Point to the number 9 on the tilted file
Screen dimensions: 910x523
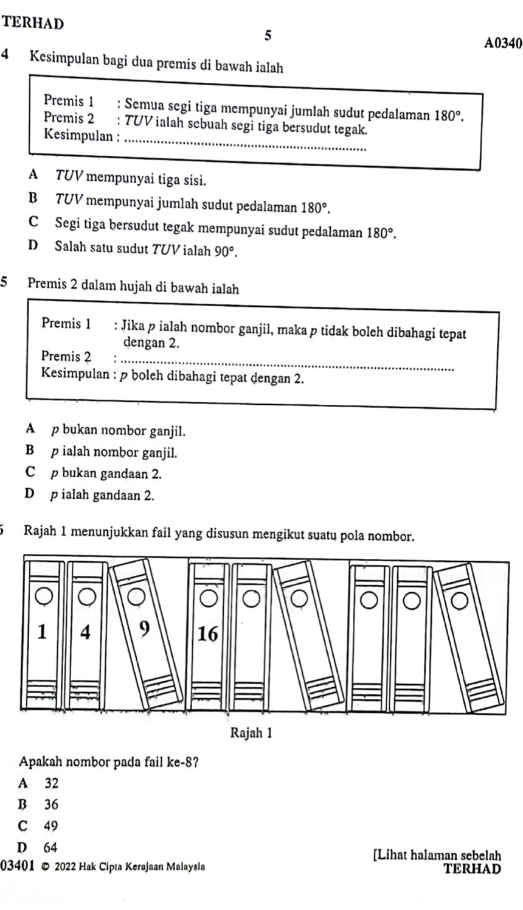click(x=144, y=626)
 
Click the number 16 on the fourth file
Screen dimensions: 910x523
click(x=207, y=634)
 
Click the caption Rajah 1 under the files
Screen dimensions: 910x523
click(x=249, y=731)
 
